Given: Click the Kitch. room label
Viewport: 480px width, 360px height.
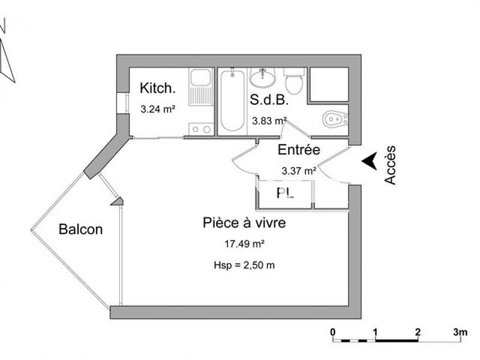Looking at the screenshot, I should (x=158, y=88).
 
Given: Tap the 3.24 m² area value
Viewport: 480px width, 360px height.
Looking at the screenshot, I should (x=157, y=110).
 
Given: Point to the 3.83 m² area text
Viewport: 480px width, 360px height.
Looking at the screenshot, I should (x=268, y=121).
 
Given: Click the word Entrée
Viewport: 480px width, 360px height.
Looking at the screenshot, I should (x=298, y=150).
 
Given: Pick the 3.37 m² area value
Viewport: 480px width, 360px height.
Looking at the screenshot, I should (x=299, y=171).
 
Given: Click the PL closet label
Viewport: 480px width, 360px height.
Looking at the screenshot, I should (x=284, y=193).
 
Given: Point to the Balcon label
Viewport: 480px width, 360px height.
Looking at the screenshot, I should (x=80, y=229).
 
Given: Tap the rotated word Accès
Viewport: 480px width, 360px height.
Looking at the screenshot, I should (x=391, y=164).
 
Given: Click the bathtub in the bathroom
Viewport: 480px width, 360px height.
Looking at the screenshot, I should (x=232, y=100).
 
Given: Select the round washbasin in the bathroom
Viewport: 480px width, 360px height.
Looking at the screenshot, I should (x=262, y=78).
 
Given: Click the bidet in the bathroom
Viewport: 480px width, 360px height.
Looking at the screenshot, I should (x=335, y=120).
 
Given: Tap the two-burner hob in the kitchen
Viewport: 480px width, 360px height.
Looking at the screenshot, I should (x=200, y=128).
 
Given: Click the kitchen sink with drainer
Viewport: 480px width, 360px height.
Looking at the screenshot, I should (x=200, y=88).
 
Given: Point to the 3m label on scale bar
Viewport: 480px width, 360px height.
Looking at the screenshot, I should (x=460, y=332).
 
